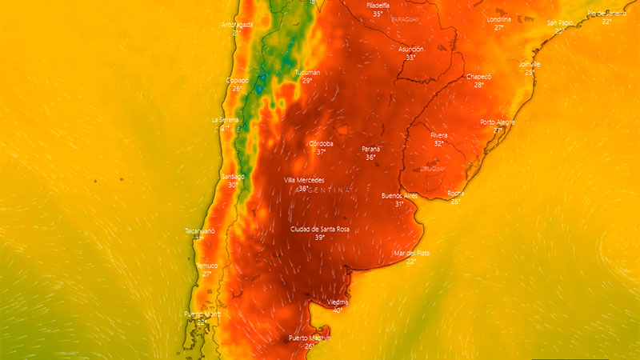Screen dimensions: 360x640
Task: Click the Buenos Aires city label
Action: coord(399,195)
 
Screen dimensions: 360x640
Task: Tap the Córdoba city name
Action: coord(321,143)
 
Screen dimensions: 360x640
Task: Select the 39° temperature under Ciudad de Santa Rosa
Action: coord(319,238)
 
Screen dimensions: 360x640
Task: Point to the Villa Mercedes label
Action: coord(305,180)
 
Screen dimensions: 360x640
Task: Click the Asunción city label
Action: coord(410,49)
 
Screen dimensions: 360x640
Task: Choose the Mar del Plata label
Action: coord(411,253)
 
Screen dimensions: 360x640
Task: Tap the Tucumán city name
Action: coord(307,73)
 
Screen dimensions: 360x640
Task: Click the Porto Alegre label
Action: coord(498,122)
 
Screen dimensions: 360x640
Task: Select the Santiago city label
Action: coord(232,176)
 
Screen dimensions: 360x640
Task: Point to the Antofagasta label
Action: coord(237,25)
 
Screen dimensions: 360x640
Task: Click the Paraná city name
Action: coord(370,149)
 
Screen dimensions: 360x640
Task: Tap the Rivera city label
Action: coord(438,135)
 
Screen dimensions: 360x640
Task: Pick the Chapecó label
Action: coord(478,76)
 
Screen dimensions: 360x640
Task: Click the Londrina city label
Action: coord(499,19)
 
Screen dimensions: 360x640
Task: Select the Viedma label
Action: coord(338,302)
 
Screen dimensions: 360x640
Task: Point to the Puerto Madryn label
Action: coord(310,338)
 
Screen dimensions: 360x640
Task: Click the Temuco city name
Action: coord(206,265)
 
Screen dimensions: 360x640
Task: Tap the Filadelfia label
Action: coord(378,6)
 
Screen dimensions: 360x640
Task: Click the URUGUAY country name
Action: coord(432,170)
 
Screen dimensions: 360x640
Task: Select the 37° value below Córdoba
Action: coord(321,152)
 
